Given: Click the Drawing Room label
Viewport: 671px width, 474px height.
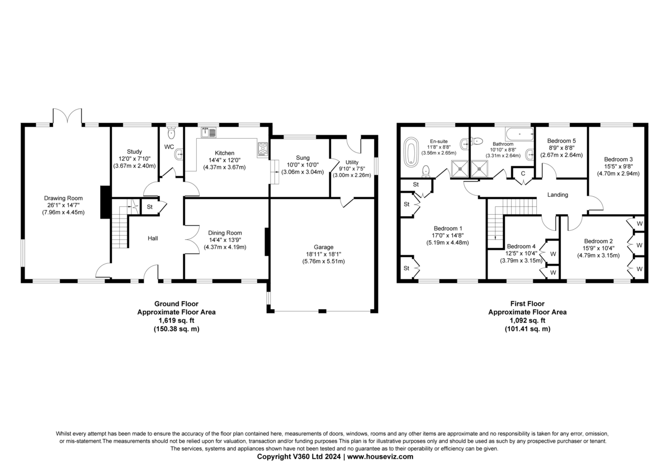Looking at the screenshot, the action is tap(63, 198).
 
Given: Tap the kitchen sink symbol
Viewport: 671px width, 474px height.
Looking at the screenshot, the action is tap(209, 132).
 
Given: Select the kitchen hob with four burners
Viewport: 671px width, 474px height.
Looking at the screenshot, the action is tap(263, 149).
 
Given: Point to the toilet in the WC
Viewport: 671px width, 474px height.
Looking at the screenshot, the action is tap(171, 132).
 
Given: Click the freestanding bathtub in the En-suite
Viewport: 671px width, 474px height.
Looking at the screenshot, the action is tap(411, 151).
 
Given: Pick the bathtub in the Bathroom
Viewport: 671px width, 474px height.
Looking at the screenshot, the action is tap(519, 134).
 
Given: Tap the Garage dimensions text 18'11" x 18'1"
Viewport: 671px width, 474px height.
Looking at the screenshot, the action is tap(323, 254).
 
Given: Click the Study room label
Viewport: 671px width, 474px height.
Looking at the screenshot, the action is tap(134, 151).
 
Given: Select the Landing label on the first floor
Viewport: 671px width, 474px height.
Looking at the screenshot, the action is tap(557, 195).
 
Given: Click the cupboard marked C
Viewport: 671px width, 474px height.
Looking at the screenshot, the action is tap(523, 174).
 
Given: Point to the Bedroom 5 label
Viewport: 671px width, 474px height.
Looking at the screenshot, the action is tap(561, 141).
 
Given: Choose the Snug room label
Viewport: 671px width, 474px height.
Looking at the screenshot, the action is tap(303, 158).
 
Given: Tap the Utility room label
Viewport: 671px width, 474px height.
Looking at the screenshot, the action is tap(352, 162).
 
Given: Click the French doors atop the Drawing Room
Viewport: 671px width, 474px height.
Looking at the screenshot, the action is tap(68, 116).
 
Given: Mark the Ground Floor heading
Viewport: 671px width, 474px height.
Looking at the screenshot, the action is tap(176, 304).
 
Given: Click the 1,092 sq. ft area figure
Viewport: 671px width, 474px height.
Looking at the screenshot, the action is tap(527, 320).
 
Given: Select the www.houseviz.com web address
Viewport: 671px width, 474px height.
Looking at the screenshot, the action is tap(380, 457).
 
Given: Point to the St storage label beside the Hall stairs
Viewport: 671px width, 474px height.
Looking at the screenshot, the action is tap(149, 207).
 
